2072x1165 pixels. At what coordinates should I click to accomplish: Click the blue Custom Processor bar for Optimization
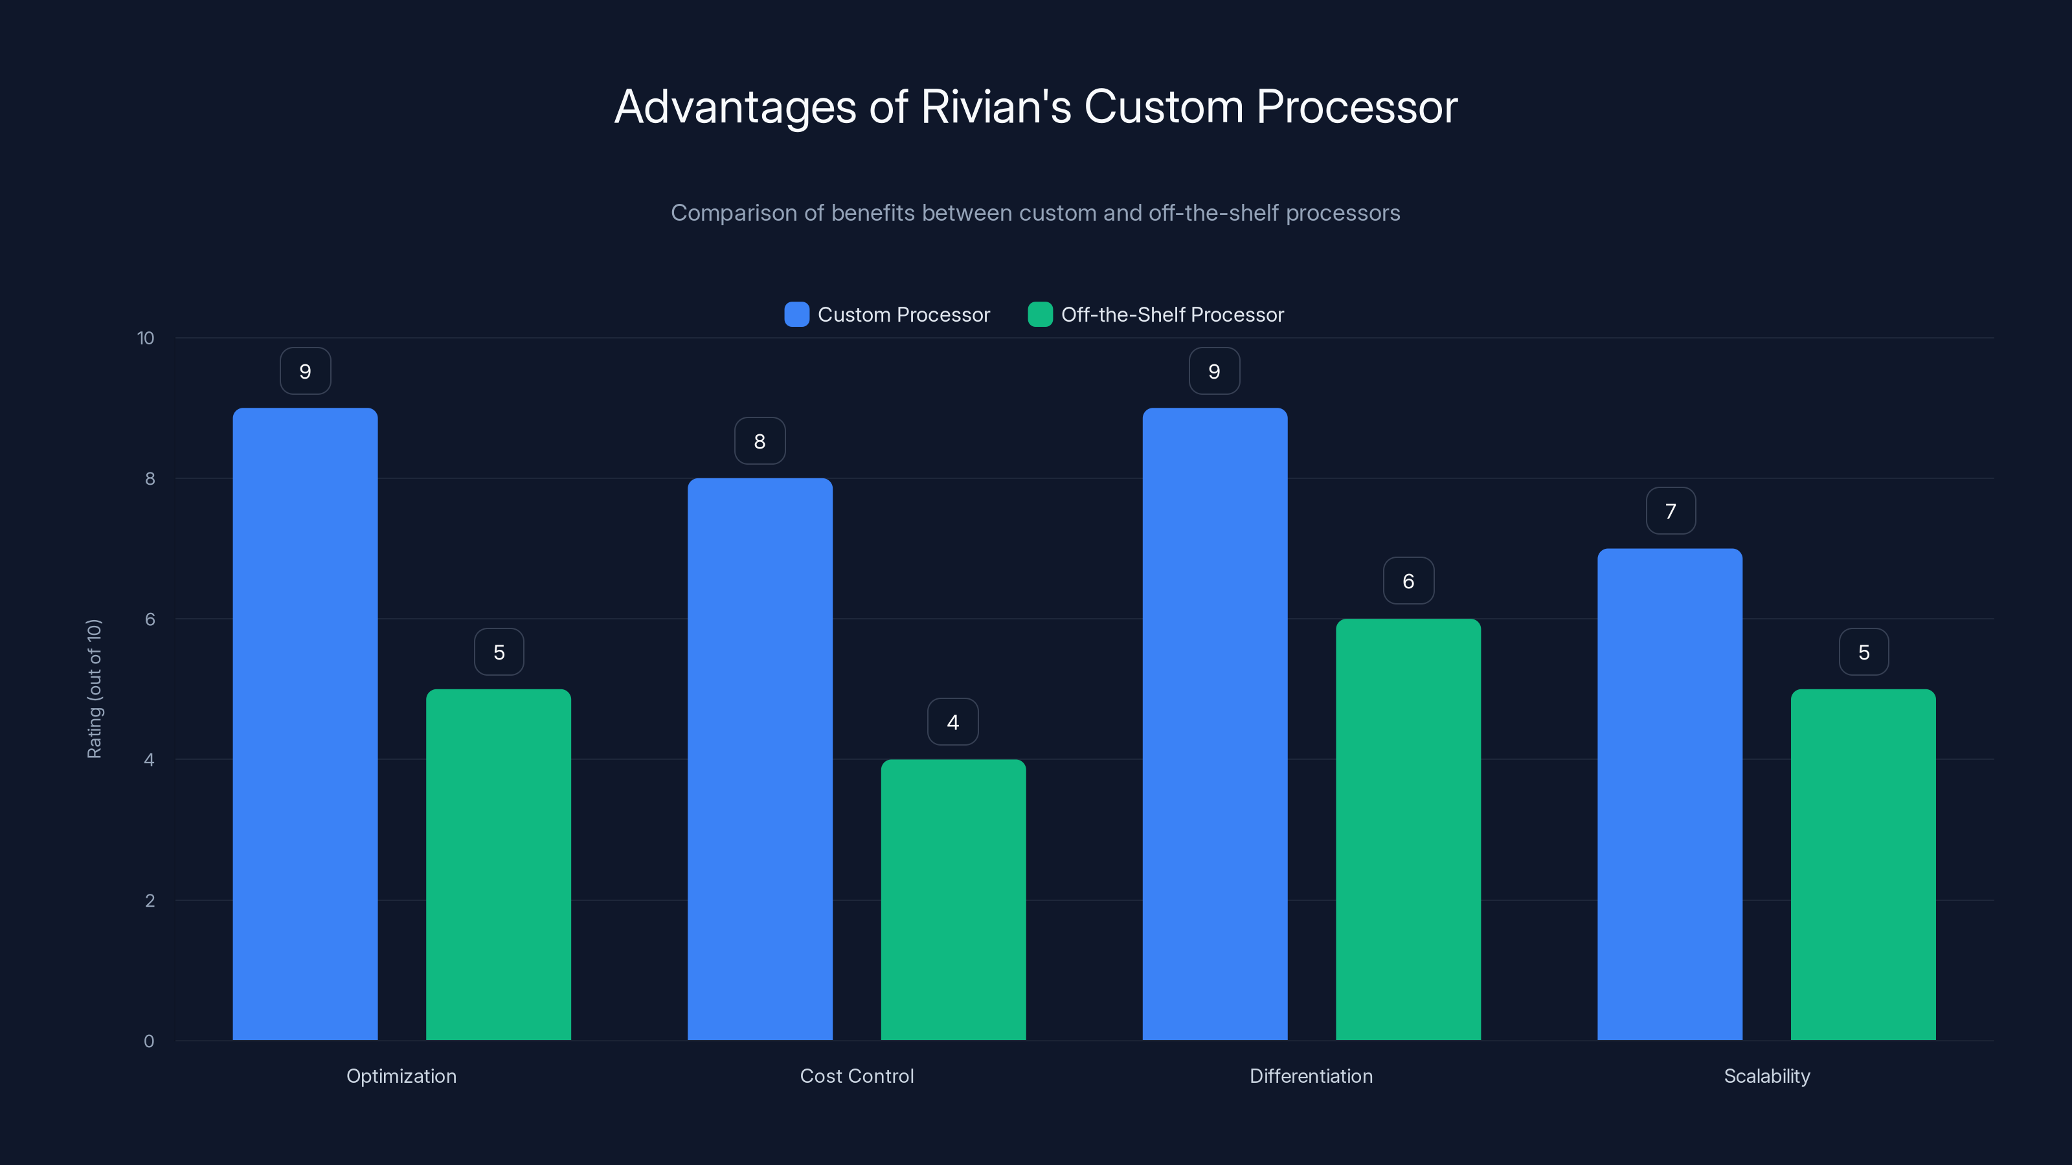(305, 724)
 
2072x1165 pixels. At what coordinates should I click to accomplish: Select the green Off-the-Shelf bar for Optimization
(498, 864)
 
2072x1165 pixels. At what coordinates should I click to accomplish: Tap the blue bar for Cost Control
(760, 759)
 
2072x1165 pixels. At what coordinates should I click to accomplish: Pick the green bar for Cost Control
(953, 900)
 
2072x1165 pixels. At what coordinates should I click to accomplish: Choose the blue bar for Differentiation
(1215, 724)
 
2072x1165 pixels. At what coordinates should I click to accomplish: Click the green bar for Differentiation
(1408, 829)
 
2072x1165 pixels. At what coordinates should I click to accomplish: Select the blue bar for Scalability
(1669, 794)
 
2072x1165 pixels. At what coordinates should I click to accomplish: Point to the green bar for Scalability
(1863, 864)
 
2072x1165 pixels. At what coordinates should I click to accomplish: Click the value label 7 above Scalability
(1670, 511)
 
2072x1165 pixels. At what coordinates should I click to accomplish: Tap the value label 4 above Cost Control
(952, 722)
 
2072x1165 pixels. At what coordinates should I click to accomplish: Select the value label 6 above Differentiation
(1408, 581)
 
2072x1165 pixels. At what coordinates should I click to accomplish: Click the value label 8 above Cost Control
(760, 441)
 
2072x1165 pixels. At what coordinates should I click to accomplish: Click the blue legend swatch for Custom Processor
(796, 315)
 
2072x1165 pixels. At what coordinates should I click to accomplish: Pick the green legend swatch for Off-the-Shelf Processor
(1040, 315)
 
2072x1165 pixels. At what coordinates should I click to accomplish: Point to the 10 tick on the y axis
(146, 338)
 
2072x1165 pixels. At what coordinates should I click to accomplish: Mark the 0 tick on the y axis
(149, 1041)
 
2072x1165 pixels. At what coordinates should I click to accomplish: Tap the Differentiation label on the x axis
(1311, 1076)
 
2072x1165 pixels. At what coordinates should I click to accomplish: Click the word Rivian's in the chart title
(996, 107)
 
